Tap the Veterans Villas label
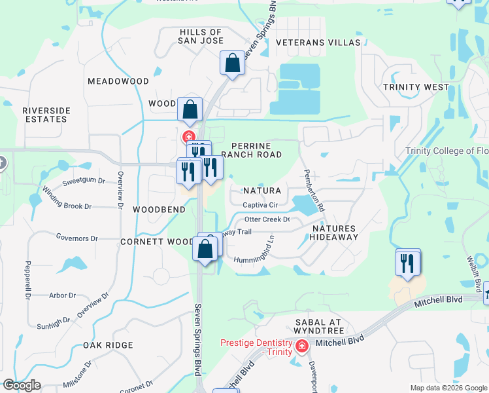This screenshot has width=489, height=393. pos(318,43)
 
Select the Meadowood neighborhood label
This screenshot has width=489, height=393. pos(118,81)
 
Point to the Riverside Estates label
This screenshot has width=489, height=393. pos(46,115)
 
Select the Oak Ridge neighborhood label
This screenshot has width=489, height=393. pos(108,345)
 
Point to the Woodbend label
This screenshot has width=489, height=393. pos(159,210)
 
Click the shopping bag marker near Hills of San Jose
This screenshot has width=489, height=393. pos(232,64)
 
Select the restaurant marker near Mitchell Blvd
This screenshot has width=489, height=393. pos(407,264)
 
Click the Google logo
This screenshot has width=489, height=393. pos(22,385)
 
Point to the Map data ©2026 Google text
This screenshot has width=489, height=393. pos(448,388)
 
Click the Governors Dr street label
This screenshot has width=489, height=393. pos(76,238)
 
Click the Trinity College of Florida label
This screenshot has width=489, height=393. pos(447,151)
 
